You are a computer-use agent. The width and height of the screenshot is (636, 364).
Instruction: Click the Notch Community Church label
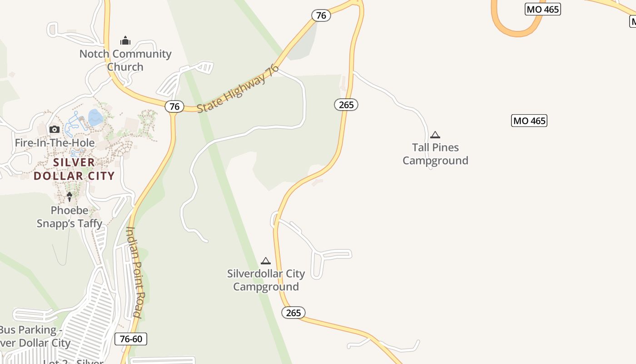(125, 60)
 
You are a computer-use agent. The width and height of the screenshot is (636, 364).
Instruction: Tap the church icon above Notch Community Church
(125, 41)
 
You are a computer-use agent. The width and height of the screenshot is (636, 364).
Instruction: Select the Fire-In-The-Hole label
(55, 143)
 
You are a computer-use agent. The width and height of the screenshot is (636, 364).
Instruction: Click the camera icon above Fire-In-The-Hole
(55, 130)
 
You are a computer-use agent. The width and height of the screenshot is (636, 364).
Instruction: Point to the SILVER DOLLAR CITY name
(74, 169)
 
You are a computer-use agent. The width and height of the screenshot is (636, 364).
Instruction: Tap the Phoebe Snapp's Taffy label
(70, 217)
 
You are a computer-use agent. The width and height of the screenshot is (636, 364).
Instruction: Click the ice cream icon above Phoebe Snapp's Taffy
(70, 197)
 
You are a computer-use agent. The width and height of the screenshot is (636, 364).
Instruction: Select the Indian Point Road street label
(134, 272)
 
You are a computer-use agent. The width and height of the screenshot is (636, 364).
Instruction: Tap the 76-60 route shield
(131, 339)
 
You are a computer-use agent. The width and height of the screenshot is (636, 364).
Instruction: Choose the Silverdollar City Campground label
(266, 280)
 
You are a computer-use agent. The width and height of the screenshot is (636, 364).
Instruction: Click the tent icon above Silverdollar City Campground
(266, 261)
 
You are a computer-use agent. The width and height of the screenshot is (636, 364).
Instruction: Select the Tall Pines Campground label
(435, 154)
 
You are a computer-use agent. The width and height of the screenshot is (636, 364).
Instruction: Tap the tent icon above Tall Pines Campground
(435, 135)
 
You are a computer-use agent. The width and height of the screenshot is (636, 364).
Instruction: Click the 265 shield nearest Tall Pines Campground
(346, 105)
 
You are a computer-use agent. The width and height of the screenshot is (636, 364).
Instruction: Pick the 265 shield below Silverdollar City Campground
(293, 313)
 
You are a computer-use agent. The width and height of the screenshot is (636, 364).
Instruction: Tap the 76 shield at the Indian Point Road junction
(174, 106)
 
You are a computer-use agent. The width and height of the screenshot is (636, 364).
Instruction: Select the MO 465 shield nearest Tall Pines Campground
(529, 121)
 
